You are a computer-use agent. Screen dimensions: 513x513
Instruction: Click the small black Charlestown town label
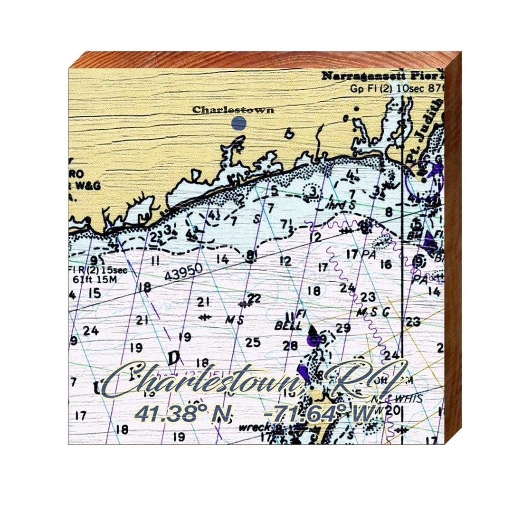pos(233,110)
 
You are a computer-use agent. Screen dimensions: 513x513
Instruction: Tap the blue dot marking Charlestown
pos(239,123)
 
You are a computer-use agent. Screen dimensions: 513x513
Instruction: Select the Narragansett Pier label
pos(382,76)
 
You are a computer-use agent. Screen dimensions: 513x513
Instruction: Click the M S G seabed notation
pos(373,313)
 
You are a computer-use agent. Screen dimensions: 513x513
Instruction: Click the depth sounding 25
pos(253,342)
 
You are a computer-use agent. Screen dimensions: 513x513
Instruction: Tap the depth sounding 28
pos(290,346)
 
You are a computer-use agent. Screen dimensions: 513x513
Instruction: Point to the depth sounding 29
pos(343,328)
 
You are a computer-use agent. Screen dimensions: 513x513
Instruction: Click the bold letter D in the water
pos(174,357)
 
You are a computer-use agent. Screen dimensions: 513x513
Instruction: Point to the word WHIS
pos(409,399)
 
